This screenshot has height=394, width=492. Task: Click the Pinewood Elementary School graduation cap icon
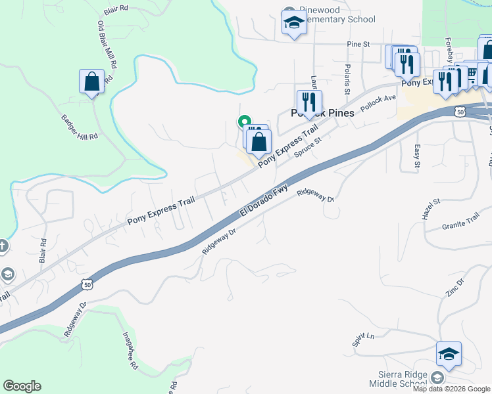coord(294,23)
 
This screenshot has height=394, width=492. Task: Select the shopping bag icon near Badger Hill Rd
coord(91,82)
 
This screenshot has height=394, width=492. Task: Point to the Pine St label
coord(359,44)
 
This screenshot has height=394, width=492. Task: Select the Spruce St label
coord(307,146)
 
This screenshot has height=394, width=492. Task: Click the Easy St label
coord(417,158)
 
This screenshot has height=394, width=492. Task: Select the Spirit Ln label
coord(362,339)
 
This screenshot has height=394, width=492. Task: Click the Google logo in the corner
coord(22,386)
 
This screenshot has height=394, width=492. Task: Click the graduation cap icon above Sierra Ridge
coord(449,355)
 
